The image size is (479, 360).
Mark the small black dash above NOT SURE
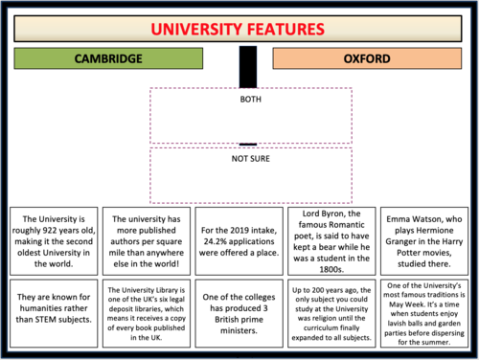[248, 145]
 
